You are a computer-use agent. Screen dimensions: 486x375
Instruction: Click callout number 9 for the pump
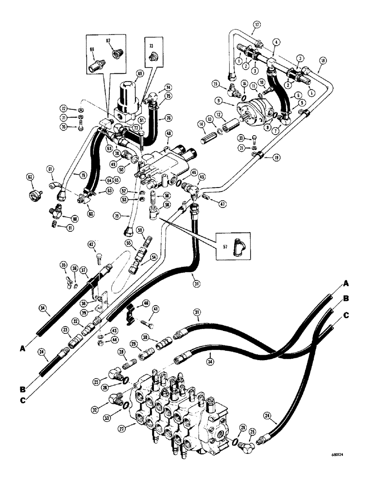tap(225, 101)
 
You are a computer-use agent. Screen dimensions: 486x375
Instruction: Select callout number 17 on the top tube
tap(257, 24)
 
